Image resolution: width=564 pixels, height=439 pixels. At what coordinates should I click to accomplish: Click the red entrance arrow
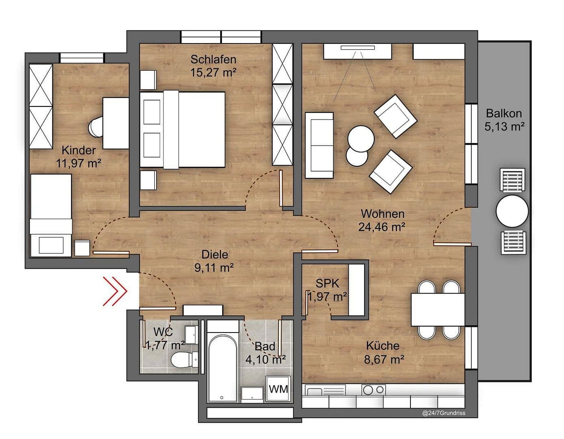click(115, 291)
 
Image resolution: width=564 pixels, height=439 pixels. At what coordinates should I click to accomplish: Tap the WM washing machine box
click(278, 389)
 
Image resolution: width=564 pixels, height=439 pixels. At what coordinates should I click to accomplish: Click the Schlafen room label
click(213, 59)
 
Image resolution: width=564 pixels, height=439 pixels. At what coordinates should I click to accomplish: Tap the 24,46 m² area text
click(382, 227)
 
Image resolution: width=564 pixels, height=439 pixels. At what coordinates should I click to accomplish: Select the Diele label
click(215, 254)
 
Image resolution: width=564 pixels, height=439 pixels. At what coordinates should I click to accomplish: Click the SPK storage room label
click(327, 283)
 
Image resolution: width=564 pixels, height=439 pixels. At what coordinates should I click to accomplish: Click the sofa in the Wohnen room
click(319, 145)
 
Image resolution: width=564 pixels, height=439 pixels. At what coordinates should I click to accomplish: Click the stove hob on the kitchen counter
click(373, 390)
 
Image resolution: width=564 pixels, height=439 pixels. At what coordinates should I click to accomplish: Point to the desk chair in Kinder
click(96, 127)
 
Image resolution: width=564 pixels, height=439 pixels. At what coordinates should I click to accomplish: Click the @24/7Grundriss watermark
click(444, 413)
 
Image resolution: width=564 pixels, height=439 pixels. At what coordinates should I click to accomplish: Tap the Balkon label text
click(504, 113)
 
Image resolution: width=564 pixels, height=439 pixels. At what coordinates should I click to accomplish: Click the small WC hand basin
click(191, 334)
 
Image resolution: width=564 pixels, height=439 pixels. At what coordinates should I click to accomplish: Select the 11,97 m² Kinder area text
click(78, 163)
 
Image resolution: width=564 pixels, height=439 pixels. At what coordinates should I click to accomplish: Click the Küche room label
click(382, 346)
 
